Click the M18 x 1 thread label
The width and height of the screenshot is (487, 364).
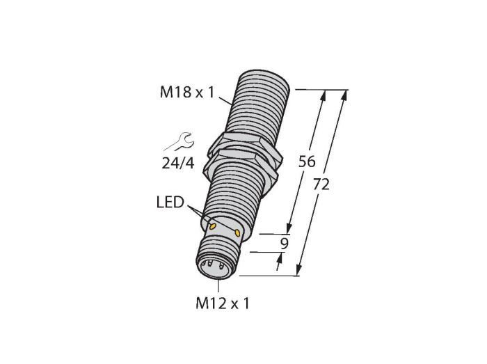187,93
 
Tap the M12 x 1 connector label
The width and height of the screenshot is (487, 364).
223,303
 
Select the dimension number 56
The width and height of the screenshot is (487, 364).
307,161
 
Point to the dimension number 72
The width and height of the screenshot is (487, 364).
321,184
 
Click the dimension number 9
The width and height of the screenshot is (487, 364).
284,244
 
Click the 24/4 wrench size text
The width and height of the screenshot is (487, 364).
178,163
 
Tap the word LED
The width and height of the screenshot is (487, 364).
170,203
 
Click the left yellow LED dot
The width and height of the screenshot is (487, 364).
213,225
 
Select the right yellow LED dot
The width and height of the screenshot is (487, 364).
238,232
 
